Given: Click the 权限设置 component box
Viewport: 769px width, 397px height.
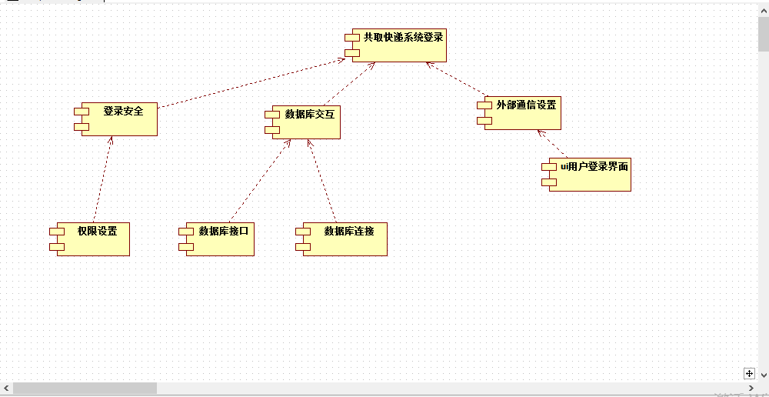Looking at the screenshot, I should coord(93,239).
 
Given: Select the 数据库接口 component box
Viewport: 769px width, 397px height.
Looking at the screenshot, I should coord(220,239).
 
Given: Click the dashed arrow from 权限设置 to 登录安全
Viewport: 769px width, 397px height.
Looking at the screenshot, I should coord(103,179).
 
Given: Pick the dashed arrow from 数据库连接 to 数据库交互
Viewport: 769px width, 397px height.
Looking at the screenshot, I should coord(322,182).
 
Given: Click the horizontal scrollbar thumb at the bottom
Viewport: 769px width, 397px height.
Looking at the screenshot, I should coord(85,389).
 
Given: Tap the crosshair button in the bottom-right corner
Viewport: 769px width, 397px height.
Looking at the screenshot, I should coord(749,373).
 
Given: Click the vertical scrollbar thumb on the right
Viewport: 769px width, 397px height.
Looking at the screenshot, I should coord(763,35).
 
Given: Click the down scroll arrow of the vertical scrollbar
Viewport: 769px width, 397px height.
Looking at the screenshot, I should coord(763,375).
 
